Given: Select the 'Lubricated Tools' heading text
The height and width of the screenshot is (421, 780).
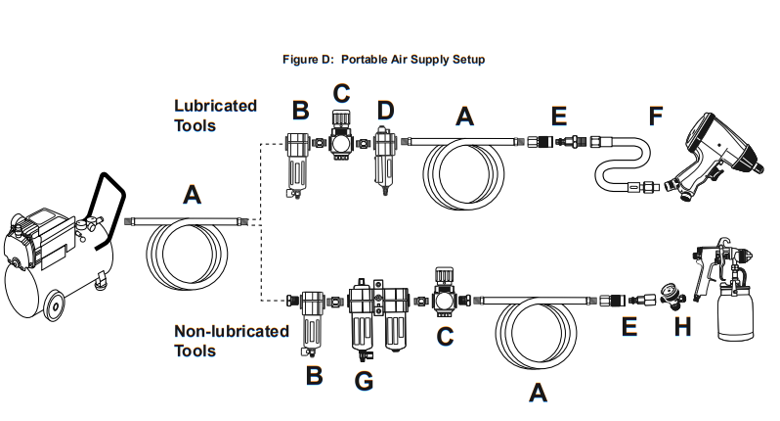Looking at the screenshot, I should tap(215, 116).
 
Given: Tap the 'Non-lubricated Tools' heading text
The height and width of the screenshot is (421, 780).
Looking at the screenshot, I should tap(231, 341).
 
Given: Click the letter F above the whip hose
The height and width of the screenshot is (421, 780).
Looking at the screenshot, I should tap(655, 117).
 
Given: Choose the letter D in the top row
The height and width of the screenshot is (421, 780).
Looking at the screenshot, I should tap(385, 111).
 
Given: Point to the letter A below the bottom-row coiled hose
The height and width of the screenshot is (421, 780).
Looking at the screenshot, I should tap(536, 394).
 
